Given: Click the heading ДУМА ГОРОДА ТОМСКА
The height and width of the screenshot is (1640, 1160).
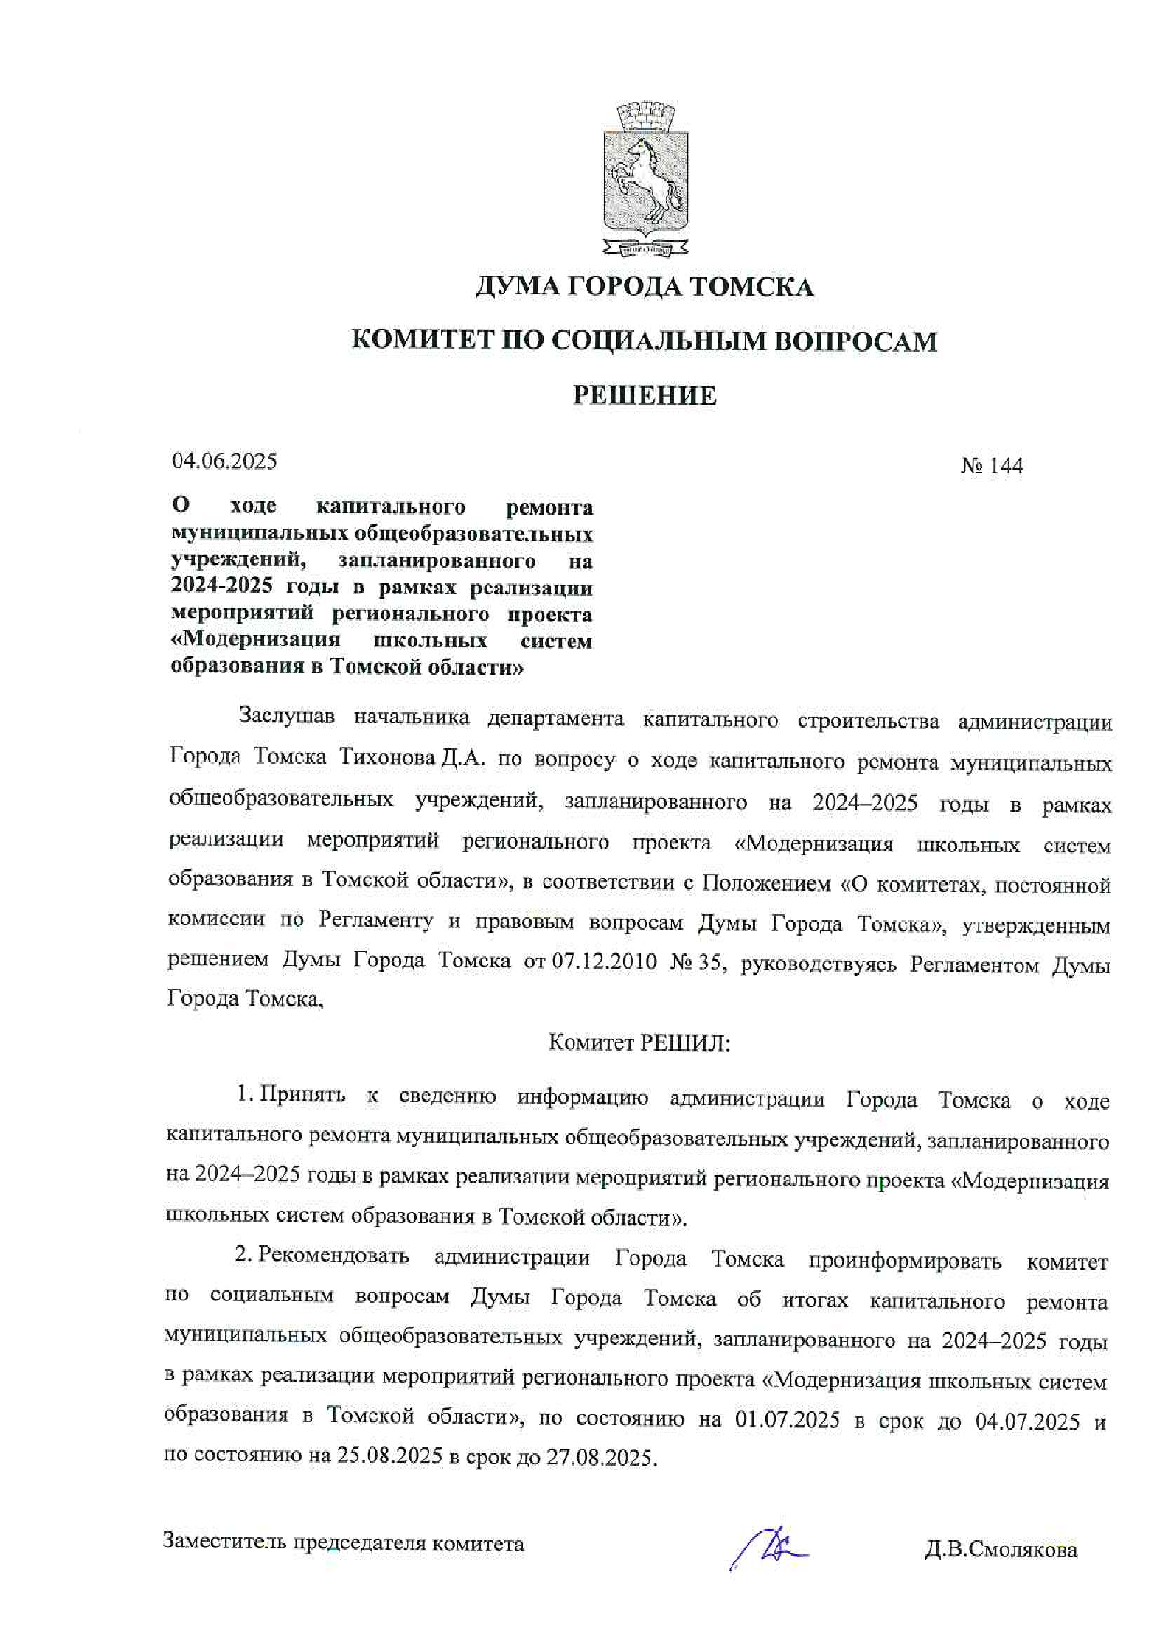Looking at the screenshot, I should (x=645, y=286).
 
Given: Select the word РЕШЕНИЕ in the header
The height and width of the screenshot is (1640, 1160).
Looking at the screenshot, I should (x=645, y=396).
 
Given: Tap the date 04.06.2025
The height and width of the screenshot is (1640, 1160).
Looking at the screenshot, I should (x=225, y=461).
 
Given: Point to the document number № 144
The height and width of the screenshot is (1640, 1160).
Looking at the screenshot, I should (x=992, y=466).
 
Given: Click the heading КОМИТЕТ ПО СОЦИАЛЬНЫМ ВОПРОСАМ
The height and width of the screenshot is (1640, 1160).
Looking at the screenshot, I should (x=645, y=341).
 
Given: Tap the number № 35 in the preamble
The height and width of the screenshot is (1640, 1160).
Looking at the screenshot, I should (x=697, y=963).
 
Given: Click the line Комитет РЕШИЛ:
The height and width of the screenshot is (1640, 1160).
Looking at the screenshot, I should (x=639, y=1042).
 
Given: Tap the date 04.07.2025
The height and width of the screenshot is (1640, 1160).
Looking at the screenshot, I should (x=1027, y=1423).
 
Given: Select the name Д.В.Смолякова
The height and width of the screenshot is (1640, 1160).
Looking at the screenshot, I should (x=1001, y=1550).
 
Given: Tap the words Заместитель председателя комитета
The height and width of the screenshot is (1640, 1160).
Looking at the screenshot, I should (x=343, y=1544).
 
